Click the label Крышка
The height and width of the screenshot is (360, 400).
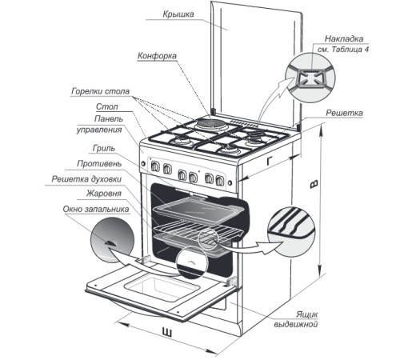click(x=178, y=14)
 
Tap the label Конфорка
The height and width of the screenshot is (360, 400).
click(x=157, y=56)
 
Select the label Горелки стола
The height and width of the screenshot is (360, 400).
click(x=100, y=91)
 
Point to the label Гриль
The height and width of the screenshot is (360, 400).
click(x=104, y=148)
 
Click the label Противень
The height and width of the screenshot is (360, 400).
click(x=99, y=163)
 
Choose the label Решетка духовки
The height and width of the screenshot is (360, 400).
click(x=86, y=179)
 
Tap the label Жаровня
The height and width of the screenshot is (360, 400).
click(x=103, y=194)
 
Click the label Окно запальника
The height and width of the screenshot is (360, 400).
click(x=96, y=209)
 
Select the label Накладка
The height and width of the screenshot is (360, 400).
click(x=344, y=38)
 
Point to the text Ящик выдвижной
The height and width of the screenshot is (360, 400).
click(x=296, y=319)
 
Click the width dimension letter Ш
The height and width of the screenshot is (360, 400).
click(x=167, y=333)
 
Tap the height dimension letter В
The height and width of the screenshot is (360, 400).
click(x=314, y=184)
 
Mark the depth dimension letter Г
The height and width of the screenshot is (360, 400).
click(x=270, y=161)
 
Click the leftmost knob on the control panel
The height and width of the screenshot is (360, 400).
click(x=154, y=166)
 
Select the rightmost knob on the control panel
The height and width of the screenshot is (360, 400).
click(x=220, y=181)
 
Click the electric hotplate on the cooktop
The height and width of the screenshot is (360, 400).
click(x=212, y=124)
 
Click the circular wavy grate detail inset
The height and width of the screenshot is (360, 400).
click(x=291, y=232)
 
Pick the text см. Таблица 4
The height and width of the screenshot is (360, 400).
click(x=343, y=50)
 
